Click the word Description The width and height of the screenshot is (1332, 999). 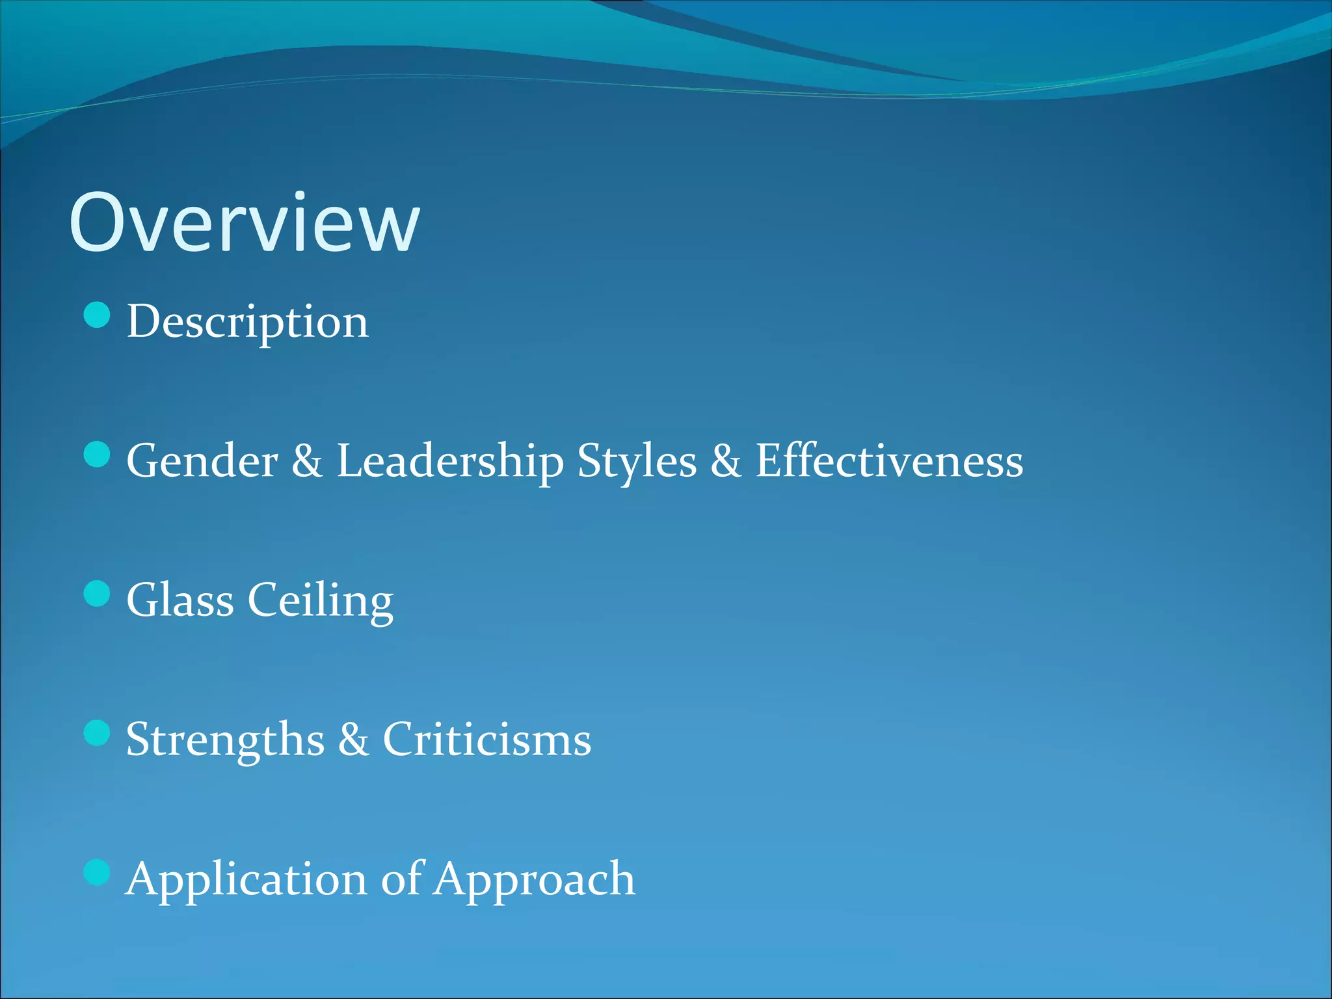click(x=247, y=322)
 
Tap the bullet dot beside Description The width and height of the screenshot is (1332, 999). click(x=97, y=315)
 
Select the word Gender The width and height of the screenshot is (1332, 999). click(x=202, y=461)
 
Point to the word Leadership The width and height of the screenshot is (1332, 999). click(x=449, y=461)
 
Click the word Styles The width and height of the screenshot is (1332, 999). click(x=637, y=461)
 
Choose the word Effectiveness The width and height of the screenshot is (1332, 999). click(x=889, y=461)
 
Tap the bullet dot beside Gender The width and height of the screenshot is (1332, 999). click(x=97, y=455)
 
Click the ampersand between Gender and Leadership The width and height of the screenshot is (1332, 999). click(x=306, y=461)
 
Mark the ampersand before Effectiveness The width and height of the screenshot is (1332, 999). click(x=725, y=461)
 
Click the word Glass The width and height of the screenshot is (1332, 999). click(x=180, y=600)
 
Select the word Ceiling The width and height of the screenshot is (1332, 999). click(x=321, y=600)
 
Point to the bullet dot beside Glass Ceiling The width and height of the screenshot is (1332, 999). click(x=97, y=594)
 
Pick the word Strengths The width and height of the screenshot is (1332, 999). click(x=225, y=739)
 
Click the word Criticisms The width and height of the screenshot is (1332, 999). click(x=487, y=739)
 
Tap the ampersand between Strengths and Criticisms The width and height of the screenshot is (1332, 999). click(x=353, y=739)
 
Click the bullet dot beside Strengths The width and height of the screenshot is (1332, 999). click(x=97, y=733)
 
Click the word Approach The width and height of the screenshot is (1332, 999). click(x=535, y=879)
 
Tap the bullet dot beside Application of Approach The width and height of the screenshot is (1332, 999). click(x=97, y=872)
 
